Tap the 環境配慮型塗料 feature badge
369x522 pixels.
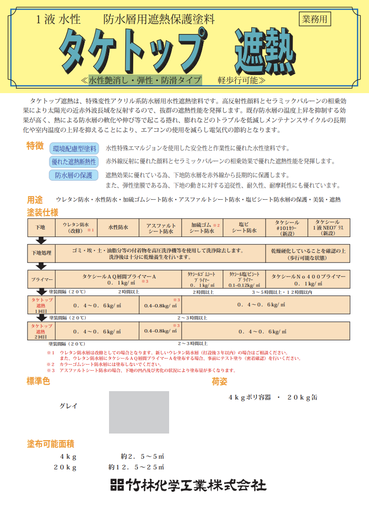(75, 149)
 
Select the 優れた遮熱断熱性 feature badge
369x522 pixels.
(75, 162)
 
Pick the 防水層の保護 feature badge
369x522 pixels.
(74, 175)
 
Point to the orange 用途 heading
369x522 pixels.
(35, 200)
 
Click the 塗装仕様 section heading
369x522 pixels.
(42, 212)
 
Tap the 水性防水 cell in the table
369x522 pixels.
(118, 228)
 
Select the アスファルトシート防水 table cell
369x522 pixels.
(160, 228)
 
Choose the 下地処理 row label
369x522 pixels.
(41, 253)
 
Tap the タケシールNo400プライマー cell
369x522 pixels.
(308, 280)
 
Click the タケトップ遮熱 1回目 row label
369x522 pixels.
(41, 305)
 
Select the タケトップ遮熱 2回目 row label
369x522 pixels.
(41, 332)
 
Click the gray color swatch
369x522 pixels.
(139, 412)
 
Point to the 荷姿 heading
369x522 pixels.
(219, 382)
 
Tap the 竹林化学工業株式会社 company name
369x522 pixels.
(188, 485)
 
